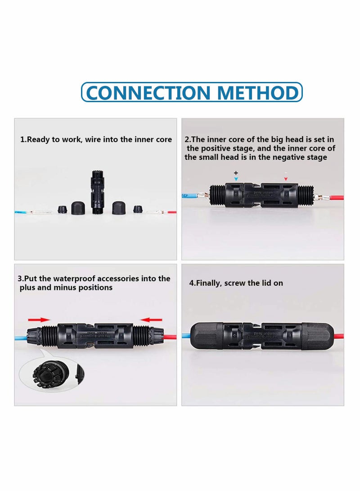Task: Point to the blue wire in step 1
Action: pyautogui.click(x=22, y=212)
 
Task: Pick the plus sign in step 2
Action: pyautogui.click(x=236, y=173)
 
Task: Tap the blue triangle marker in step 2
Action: pyautogui.click(x=236, y=179)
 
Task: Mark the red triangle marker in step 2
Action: pyautogui.click(x=285, y=179)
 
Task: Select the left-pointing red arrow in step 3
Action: pyautogui.click(x=151, y=320)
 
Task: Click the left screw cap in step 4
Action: pyautogui.click(x=207, y=336)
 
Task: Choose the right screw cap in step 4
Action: pyautogui.click(x=318, y=336)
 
